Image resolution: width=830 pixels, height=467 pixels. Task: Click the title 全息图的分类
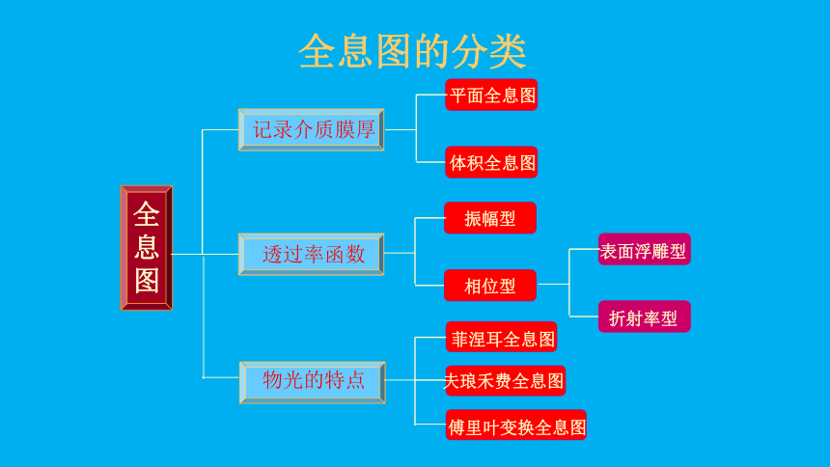coord(412,51)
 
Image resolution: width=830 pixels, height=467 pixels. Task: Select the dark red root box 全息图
coord(147,248)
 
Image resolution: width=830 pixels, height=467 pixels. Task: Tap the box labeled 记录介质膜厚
coord(311,129)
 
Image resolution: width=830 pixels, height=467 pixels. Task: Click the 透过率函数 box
coord(311,254)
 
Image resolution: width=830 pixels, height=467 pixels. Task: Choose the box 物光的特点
coord(313,382)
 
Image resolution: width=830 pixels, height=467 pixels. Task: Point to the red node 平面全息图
coord(491,95)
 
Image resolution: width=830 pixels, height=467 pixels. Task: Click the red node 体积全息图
coord(491,162)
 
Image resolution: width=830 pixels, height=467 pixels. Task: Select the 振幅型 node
coord(490,218)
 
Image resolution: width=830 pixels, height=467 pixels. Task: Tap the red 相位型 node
coord(490,286)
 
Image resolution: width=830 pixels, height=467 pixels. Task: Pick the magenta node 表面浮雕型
coord(644,249)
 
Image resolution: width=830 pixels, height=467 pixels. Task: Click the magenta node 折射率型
coord(644,316)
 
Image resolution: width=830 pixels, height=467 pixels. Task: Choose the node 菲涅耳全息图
coord(501,337)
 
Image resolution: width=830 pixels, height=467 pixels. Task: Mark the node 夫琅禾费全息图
coord(506,381)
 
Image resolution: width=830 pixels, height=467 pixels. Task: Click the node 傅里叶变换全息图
coord(516,425)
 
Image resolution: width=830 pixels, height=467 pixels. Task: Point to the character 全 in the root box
coord(147,215)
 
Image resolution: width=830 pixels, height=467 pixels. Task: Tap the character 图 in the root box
coord(147,280)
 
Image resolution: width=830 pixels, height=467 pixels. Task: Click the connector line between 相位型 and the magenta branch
coord(553,285)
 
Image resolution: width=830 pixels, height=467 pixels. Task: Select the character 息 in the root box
coord(147,247)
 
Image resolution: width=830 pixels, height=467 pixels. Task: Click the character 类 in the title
coord(508,51)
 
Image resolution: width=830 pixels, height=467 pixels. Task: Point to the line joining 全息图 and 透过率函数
coord(206,254)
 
